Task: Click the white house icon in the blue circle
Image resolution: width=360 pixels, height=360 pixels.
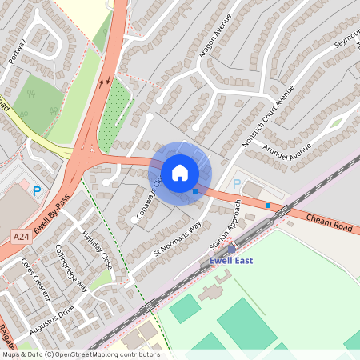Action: coord(180,172)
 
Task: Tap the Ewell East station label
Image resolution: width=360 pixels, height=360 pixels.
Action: coord(232,261)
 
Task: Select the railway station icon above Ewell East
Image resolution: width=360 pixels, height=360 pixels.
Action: coord(231,249)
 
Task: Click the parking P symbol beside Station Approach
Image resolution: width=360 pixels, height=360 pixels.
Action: coord(236,184)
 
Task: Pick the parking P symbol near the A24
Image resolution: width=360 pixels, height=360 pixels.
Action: coord(36,191)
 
